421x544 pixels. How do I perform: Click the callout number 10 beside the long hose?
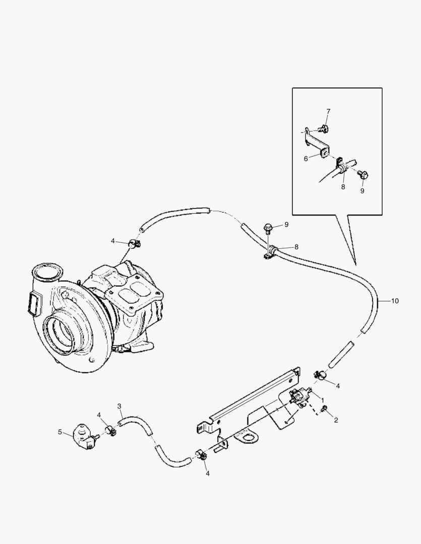coord(394,301)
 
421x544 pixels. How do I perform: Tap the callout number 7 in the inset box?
coord(328,111)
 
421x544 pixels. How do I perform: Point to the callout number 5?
coord(60,432)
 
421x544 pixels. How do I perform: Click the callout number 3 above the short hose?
coord(119,405)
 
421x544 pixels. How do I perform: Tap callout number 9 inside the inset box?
coord(362,191)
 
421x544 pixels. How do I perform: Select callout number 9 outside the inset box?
coord(286,224)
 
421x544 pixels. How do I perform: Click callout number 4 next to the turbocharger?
coord(113,241)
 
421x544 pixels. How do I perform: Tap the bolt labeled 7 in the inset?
coord(326,128)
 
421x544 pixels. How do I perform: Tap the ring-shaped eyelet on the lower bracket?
coord(247,438)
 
